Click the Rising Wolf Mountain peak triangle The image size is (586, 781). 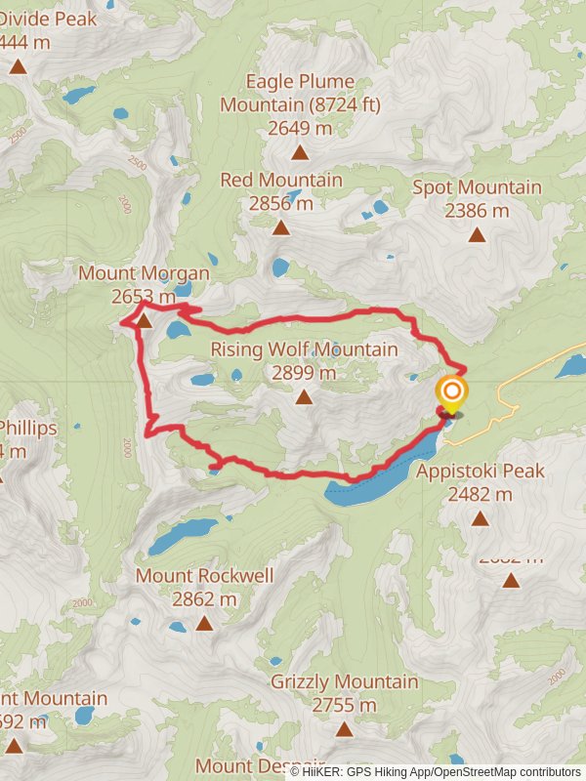[x=305, y=396]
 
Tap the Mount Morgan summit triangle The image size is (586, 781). [x=144, y=320]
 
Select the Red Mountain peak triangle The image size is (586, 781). [x=281, y=227]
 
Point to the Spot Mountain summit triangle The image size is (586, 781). [x=477, y=234]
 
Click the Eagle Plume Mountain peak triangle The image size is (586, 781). [x=300, y=152]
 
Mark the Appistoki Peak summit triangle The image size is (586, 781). [x=480, y=518]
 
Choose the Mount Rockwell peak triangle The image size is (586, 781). [x=204, y=623]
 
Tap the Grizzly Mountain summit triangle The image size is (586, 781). [x=344, y=728]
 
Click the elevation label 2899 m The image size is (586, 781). [x=305, y=372]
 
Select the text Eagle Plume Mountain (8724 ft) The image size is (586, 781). [x=300, y=93]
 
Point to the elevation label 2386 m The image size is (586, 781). [x=477, y=210]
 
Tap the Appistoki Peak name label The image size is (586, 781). [x=481, y=471]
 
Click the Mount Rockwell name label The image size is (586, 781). [x=204, y=575]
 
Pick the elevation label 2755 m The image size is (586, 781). [x=344, y=704]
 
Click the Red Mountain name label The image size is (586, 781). [x=281, y=180]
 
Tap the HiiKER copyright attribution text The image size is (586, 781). [x=435, y=771]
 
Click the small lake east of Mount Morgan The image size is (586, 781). [x=178, y=330]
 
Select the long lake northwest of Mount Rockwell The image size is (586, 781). [x=183, y=534]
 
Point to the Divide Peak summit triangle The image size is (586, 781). [x=18, y=66]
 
